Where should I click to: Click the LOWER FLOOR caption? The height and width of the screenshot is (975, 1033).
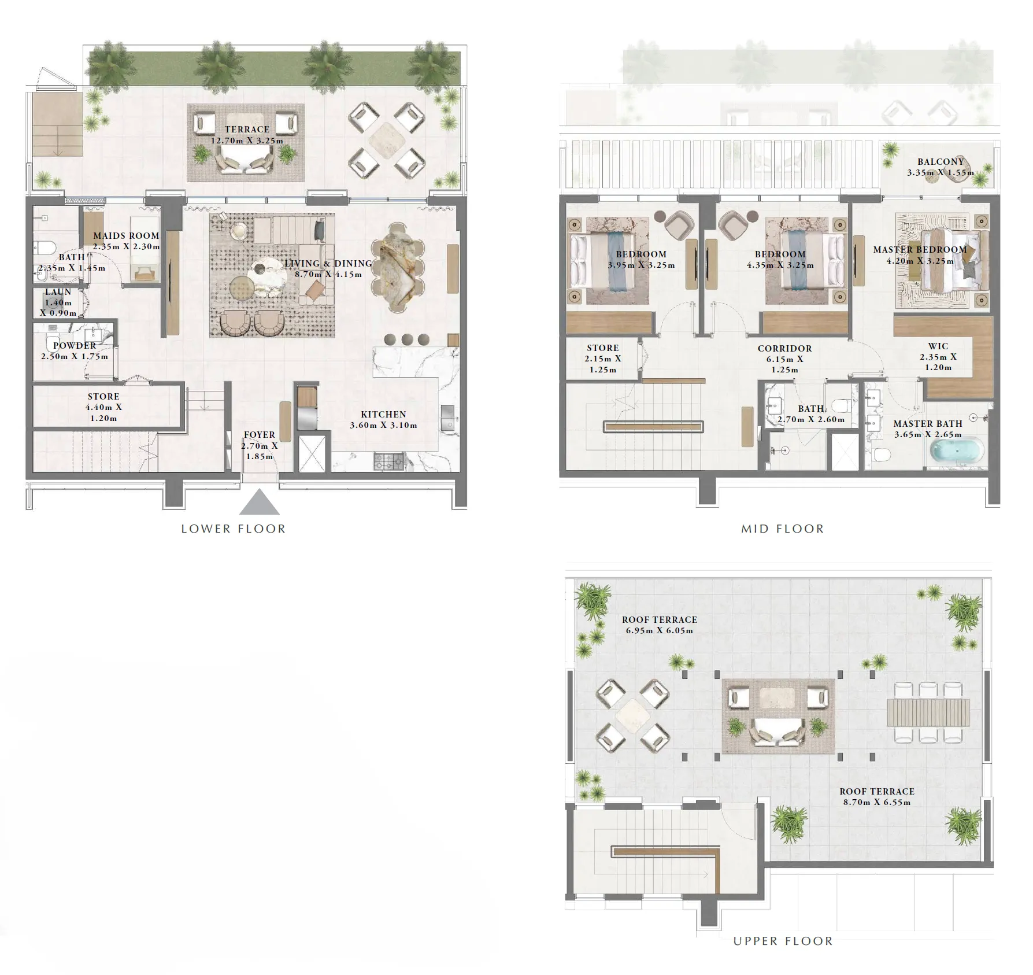point(233,529)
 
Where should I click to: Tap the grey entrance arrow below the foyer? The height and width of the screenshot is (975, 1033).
point(260,503)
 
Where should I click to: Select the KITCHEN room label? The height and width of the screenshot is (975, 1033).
point(383,415)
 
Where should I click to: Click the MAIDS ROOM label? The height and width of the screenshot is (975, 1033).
point(126,236)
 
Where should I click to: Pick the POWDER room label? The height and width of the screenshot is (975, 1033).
point(75,346)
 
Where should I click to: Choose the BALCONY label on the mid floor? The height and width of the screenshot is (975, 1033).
point(941,162)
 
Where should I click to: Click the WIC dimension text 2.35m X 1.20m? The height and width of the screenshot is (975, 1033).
point(938,362)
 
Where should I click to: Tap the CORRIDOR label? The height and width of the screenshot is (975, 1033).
point(784,349)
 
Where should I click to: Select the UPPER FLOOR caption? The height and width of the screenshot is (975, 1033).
point(783,941)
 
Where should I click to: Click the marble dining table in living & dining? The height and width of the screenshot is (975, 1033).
point(398,267)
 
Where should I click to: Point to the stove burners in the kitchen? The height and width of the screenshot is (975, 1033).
point(388,461)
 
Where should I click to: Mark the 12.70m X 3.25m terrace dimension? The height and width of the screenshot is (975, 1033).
point(247,141)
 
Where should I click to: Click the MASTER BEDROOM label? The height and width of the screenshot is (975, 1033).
point(920,250)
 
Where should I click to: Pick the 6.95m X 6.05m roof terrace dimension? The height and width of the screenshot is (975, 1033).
point(659,631)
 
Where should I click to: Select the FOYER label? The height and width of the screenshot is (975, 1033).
point(260,435)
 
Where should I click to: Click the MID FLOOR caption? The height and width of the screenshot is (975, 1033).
point(783,529)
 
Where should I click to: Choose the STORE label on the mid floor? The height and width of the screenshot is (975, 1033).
point(603,348)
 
